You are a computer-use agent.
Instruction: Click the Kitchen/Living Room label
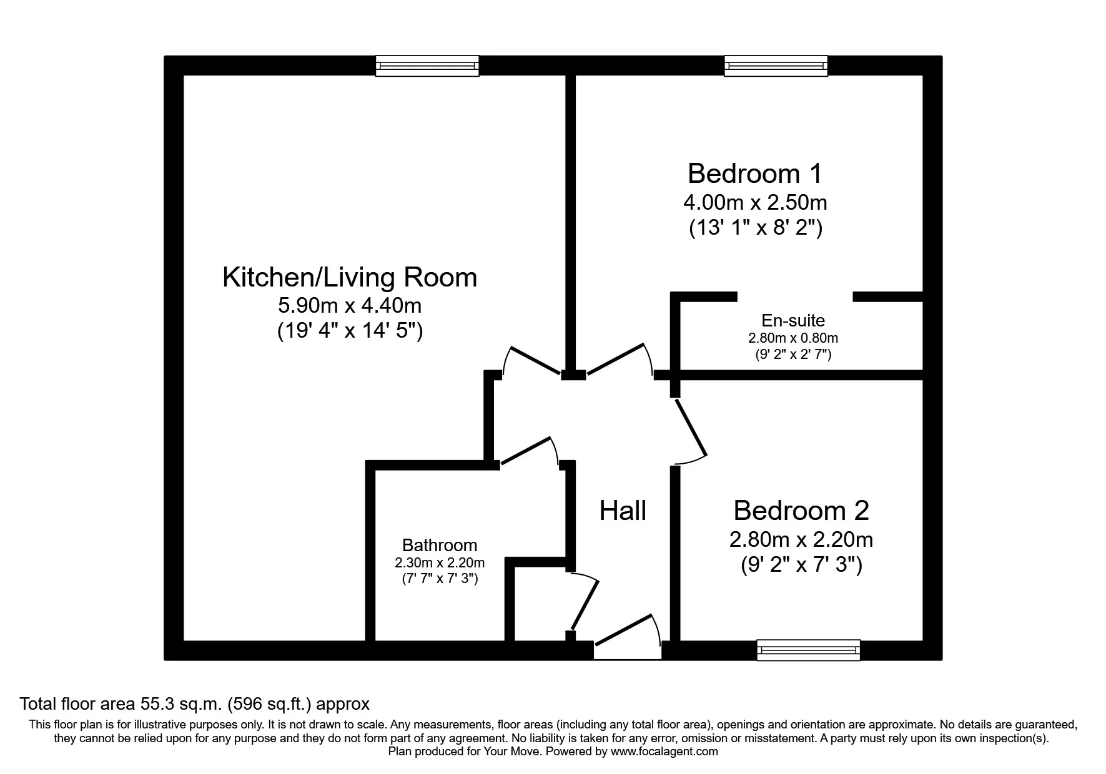350,277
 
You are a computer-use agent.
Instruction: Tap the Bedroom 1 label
754,174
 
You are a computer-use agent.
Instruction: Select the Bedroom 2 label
801,511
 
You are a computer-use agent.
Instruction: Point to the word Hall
622,511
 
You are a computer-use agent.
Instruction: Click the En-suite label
793,321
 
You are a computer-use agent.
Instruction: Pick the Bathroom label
439,545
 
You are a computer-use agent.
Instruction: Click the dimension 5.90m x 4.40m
350,305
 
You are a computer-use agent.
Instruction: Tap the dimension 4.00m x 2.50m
755,202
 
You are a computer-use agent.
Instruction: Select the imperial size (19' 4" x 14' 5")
350,330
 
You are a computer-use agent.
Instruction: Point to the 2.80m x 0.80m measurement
793,338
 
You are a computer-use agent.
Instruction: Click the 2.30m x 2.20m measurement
439,562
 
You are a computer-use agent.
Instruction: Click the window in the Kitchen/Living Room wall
427,66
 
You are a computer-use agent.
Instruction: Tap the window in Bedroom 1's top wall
776,66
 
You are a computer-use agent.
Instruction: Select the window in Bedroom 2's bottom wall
808,650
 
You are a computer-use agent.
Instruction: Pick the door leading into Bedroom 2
691,431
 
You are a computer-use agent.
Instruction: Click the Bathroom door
528,451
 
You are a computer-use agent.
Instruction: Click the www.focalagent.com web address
664,752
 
